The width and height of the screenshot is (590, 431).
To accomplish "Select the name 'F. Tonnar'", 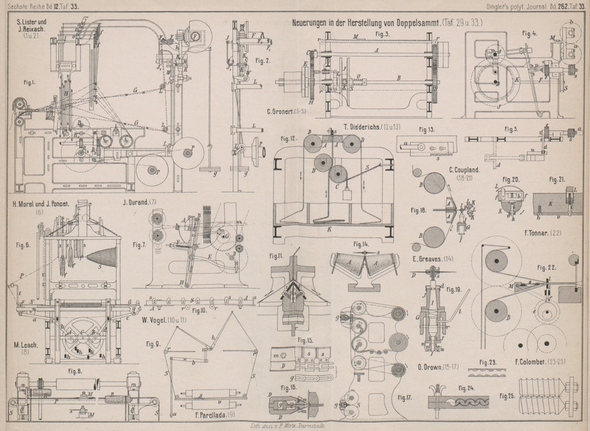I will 549,234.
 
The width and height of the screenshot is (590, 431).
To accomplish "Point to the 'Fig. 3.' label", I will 382,35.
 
